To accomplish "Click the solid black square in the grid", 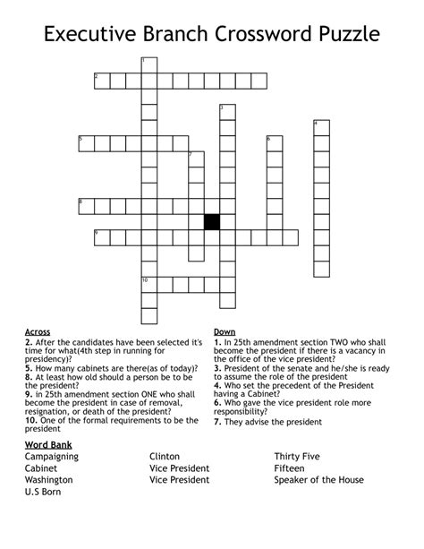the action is (x=212, y=222).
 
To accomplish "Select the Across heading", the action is (x=38, y=332).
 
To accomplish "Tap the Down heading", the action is (x=225, y=332).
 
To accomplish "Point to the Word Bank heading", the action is (x=49, y=444).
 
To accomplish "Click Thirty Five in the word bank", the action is (x=300, y=457).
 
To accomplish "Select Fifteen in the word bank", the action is (x=292, y=468).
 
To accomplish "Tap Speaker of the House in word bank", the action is (x=319, y=480).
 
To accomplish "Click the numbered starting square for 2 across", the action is (x=102, y=81).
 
